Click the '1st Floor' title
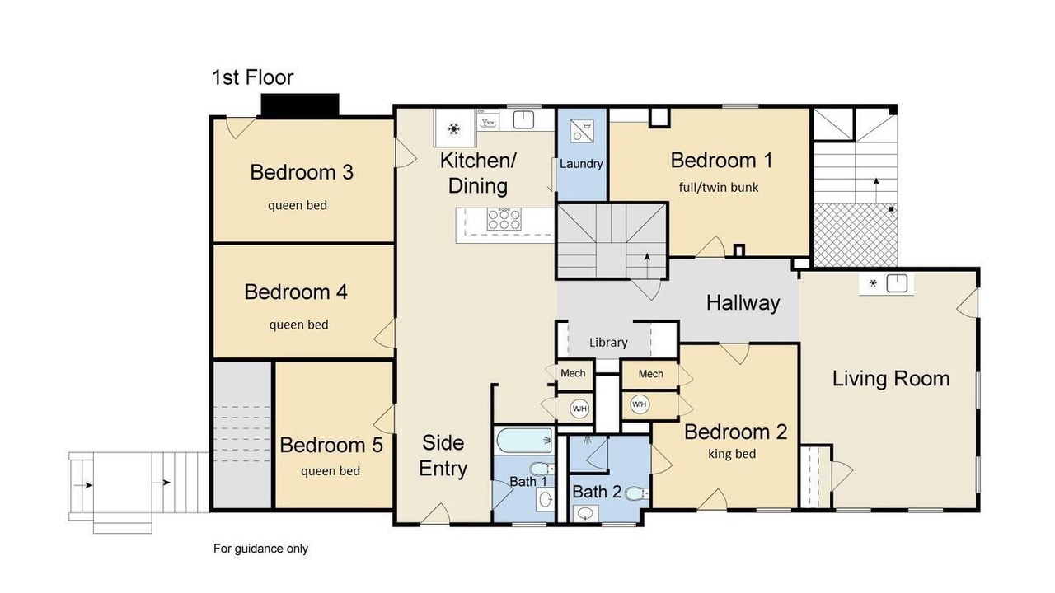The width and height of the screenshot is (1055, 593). [x=253, y=77]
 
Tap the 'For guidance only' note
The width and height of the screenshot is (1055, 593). [x=260, y=549]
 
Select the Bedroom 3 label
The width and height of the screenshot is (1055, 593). [x=302, y=172]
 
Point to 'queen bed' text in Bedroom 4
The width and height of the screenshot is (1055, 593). [x=298, y=325]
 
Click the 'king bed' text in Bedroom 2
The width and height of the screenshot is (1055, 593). [x=732, y=454]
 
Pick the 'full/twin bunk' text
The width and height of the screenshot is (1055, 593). [x=719, y=187]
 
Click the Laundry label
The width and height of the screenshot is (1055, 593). [x=581, y=164]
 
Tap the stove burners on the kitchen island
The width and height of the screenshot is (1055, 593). [x=504, y=219]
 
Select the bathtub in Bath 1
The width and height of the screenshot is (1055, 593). [x=525, y=441]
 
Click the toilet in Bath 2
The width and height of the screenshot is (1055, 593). [x=636, y=493]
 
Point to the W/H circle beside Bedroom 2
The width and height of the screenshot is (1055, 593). [x=639, y=404]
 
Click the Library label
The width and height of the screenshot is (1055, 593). [x=608, y=342]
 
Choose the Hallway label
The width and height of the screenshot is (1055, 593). [x=743, y=302]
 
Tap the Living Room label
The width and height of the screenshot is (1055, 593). [x=891, y=379]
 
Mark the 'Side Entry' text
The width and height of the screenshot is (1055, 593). [x=443, y=455]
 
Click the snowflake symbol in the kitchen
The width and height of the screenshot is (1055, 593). [x=453, y=128]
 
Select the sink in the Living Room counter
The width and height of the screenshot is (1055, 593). [x=897, y=283]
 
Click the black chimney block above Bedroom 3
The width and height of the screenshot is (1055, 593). [x=300, y=105]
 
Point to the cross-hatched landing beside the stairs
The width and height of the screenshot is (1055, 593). [x=856, y=235]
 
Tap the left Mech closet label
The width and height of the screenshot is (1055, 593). [x=573, y=373]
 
